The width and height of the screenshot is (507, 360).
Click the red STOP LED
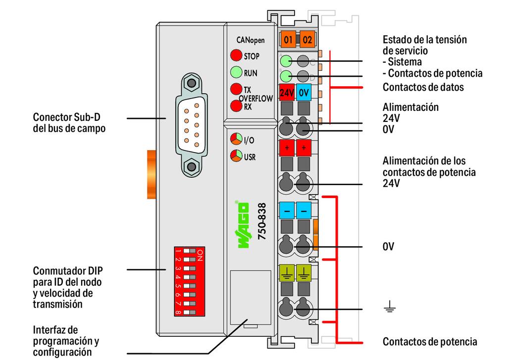point(236,56)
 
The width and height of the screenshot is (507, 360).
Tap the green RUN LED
point(236,73)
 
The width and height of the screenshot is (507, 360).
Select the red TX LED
point(236,90)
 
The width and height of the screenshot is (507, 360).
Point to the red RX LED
point(236,105)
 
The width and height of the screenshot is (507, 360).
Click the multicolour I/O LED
point(236,140)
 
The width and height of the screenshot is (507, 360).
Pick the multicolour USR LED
point(236,157)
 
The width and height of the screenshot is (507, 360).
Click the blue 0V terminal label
point(304,92)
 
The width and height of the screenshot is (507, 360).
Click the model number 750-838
point(262,221)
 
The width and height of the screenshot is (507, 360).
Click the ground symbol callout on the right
point(390,309)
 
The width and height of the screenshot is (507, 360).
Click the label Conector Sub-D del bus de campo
point(69,123)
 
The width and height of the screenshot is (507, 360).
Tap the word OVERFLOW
point(256,98)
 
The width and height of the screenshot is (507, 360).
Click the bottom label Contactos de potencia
point(430,342)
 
